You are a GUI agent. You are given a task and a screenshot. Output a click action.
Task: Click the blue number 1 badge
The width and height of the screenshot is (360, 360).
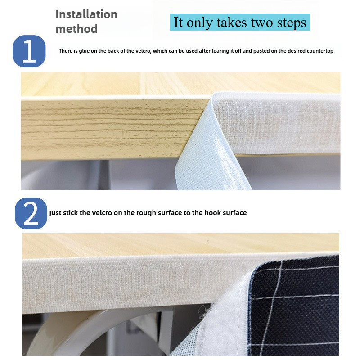pos(29,51)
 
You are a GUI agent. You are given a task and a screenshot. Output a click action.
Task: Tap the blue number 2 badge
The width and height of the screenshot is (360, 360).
pos(31,213)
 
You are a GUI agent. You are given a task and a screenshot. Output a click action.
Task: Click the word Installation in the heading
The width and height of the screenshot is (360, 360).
pos(86,14)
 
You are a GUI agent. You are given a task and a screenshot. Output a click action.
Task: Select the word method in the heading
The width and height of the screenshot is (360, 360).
pos(76,29)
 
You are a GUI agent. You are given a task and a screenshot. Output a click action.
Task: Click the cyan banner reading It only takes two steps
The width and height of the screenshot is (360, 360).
pos(240,22)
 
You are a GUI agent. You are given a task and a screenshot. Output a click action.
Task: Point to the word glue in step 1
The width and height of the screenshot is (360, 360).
pos(84,51)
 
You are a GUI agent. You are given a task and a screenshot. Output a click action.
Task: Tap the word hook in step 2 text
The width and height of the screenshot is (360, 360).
pos(213,213)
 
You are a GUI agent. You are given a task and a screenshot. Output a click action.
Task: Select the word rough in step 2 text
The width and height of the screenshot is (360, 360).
pos(145,213)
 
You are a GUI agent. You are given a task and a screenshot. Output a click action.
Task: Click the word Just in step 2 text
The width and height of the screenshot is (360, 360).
pos(55,213)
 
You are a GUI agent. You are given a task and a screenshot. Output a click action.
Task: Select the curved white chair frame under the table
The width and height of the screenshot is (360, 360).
pos(69,331)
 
